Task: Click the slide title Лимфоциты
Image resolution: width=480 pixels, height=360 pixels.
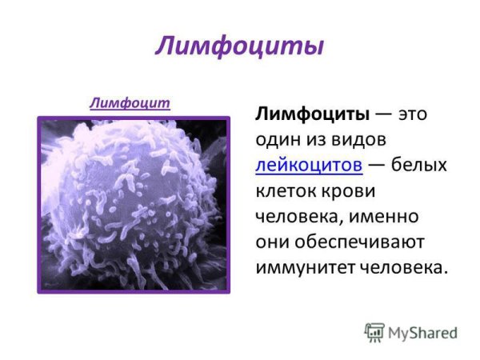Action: click(239, 45)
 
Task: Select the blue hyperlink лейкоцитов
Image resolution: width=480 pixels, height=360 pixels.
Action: click(309, 165)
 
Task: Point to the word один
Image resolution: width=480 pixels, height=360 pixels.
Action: click(279, 139)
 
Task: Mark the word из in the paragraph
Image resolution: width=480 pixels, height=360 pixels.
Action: click(317, 139)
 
